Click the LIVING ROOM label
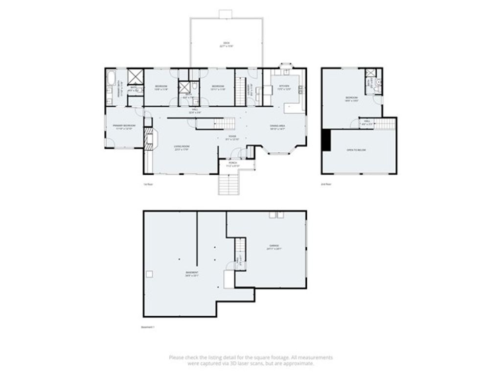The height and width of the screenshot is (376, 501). [182, 148]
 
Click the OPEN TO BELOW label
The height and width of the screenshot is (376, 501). [356, 150]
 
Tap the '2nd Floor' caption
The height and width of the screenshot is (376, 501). [326, 185]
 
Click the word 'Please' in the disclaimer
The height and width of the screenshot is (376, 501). [177, 357]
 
